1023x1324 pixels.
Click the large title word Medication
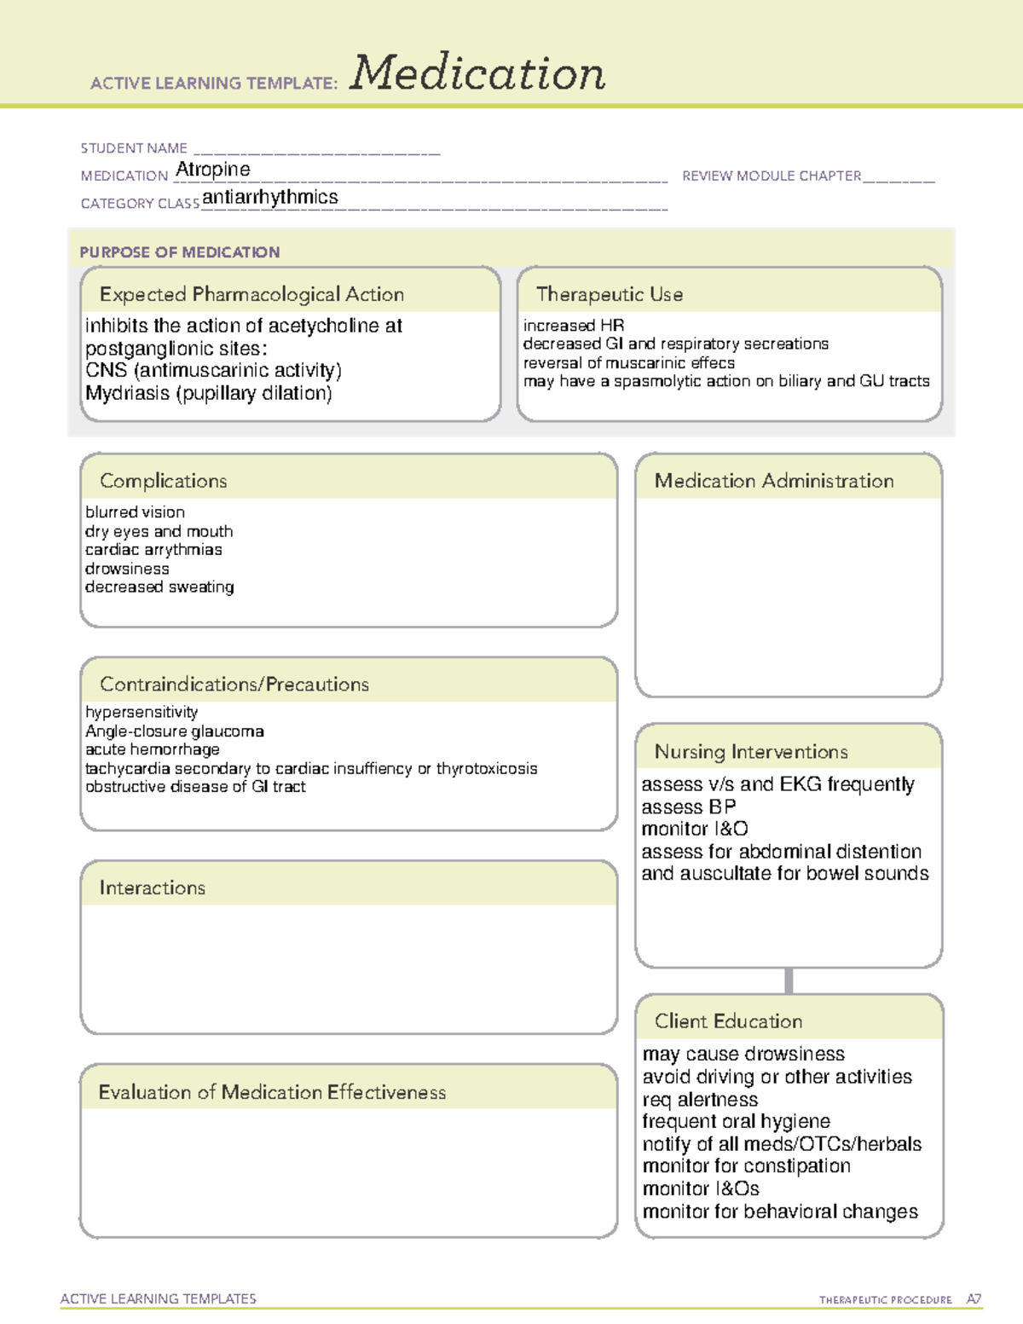[477, 73]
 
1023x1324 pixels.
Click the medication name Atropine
[212, 170]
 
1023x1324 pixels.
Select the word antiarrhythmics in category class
[269, 197]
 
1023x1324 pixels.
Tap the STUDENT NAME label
[134, 148]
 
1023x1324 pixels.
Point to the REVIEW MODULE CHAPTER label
[771, 176]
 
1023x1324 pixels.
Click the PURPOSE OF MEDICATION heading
[179, 252]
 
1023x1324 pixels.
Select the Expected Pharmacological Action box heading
[251, 294]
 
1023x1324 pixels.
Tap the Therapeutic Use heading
[609, 294]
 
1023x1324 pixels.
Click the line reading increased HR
[573, 326]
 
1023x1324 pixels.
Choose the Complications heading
[163, 481]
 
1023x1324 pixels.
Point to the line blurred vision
[135, 512]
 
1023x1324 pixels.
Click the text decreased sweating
[159, 587]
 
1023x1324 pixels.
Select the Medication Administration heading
[773, 481]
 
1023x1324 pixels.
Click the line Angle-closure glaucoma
[174, 731]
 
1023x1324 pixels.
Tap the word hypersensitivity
[142, 712]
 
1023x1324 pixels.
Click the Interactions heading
[152, 887]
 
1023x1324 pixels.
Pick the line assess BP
[688, 807]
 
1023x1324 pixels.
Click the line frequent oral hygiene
[736, 1121]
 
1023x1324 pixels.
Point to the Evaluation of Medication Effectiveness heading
[272, 1092]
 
